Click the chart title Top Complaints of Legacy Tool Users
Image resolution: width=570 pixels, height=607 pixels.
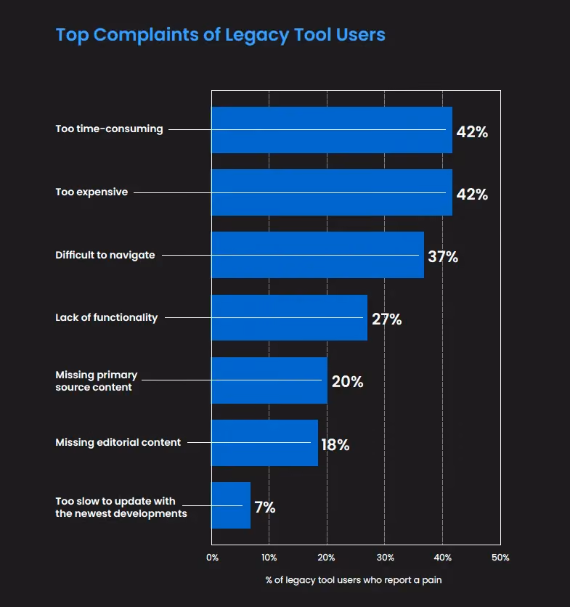click(220, 36)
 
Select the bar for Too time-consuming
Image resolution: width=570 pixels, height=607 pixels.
click(332, 130)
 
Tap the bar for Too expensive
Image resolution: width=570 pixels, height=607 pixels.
click(332, 192)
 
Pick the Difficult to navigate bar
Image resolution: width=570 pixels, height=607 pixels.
click(317, 255)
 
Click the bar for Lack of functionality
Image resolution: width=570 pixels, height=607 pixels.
click(289, 317)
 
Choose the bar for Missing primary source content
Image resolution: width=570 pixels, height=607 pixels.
click(269, 380)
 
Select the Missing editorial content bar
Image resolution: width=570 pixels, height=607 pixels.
click(264, 443)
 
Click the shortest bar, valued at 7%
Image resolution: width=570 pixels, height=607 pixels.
click(231, 505)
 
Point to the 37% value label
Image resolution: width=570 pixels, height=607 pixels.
click(443, 256)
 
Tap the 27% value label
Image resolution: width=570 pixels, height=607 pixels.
click(387, 319)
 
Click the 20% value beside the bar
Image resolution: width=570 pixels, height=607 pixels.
click(347, 382)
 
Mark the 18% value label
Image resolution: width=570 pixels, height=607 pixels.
click(335, 445)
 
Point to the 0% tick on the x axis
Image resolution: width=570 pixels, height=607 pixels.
click(212, 558)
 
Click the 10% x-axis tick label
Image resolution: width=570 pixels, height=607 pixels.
click(269, 558)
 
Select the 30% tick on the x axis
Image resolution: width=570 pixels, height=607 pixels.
click(386, 558)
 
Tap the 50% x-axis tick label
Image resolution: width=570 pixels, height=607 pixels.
click(500, 558)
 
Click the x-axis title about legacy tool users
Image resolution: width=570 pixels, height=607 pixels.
click(354, 580)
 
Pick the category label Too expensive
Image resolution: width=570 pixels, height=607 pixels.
click(91, 192)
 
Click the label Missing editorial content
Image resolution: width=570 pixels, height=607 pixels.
click(118, 442)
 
